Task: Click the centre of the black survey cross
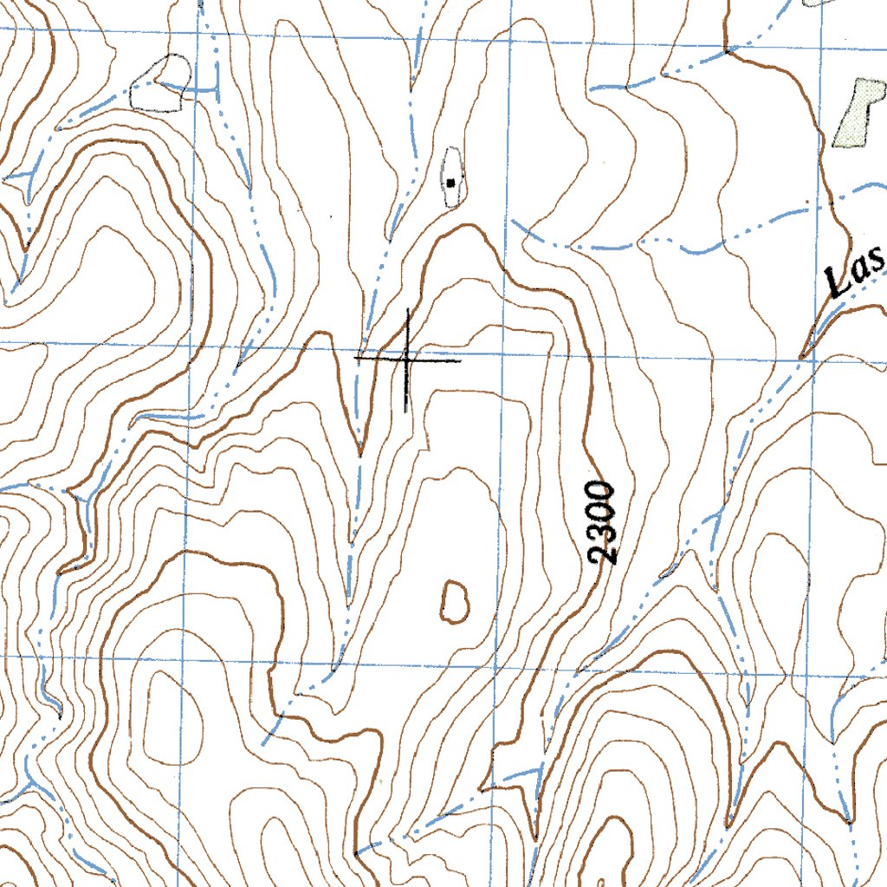point(407,358)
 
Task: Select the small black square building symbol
point(451,182)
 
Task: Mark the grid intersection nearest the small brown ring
point(496,663)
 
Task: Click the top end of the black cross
point(407,309)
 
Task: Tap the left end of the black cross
point(355,357)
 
